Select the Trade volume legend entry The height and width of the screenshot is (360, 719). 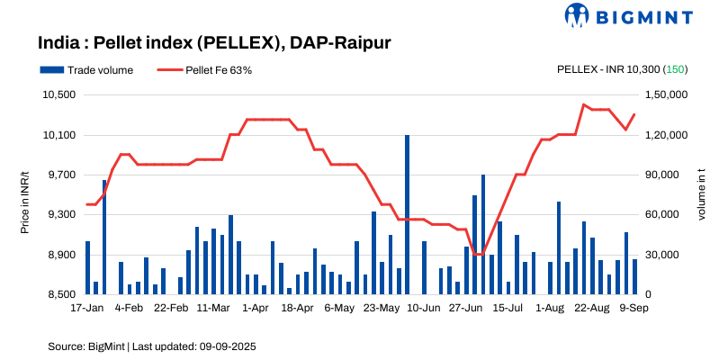pos(86,69)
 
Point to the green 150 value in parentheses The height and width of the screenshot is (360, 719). pos(676,69)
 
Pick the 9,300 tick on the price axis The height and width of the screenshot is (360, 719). pos(58,215)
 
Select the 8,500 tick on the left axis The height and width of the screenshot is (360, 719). pos(58,294)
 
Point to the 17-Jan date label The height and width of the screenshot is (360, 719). pos(87,308)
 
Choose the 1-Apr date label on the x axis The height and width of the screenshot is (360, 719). pos(256,308)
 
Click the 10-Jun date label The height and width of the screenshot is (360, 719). pos(424,308)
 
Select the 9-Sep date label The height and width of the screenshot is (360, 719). pos(634,308)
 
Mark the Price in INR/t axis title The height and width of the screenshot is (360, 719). pos(25,194)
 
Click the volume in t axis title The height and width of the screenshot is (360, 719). pos(702,194)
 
